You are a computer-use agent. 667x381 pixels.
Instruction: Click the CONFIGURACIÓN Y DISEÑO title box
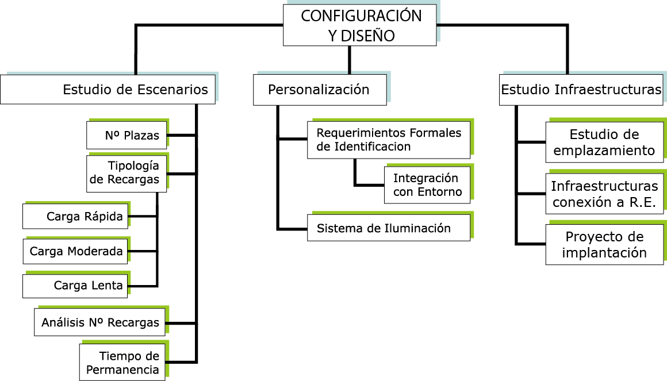point(360,25)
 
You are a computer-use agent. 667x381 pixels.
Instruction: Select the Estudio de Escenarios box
point(108,89)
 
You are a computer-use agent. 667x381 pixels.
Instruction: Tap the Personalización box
point(320,90)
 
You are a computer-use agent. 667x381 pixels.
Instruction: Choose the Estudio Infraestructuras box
point(581,90)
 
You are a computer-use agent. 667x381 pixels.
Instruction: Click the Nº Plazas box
point(126,135)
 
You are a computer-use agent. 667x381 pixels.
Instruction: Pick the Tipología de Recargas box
point(126,174)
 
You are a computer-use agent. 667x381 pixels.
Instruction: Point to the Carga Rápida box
point(75,217)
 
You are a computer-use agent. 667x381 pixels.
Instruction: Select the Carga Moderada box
point(75,251)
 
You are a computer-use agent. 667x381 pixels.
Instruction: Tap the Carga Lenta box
point(75,286)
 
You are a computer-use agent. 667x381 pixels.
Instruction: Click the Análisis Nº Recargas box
point(99,323)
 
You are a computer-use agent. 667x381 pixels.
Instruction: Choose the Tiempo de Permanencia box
point(122,363)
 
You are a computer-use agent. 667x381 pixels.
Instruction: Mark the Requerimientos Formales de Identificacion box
point(389,140)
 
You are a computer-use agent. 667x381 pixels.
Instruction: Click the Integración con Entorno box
point(427,185)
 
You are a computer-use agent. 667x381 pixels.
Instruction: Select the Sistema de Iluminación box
point(389,228)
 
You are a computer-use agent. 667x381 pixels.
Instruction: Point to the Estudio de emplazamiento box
point(604,143)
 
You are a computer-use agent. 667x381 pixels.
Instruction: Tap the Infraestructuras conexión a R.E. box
point(604,194)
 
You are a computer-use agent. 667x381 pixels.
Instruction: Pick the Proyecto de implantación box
point(604,244)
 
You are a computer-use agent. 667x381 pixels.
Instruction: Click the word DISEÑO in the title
point(368,36)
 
